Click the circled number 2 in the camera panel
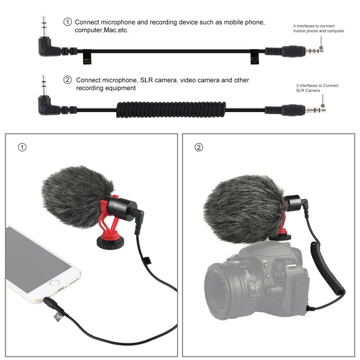[x=198, y=148]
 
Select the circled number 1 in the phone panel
[x=21, y=148]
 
